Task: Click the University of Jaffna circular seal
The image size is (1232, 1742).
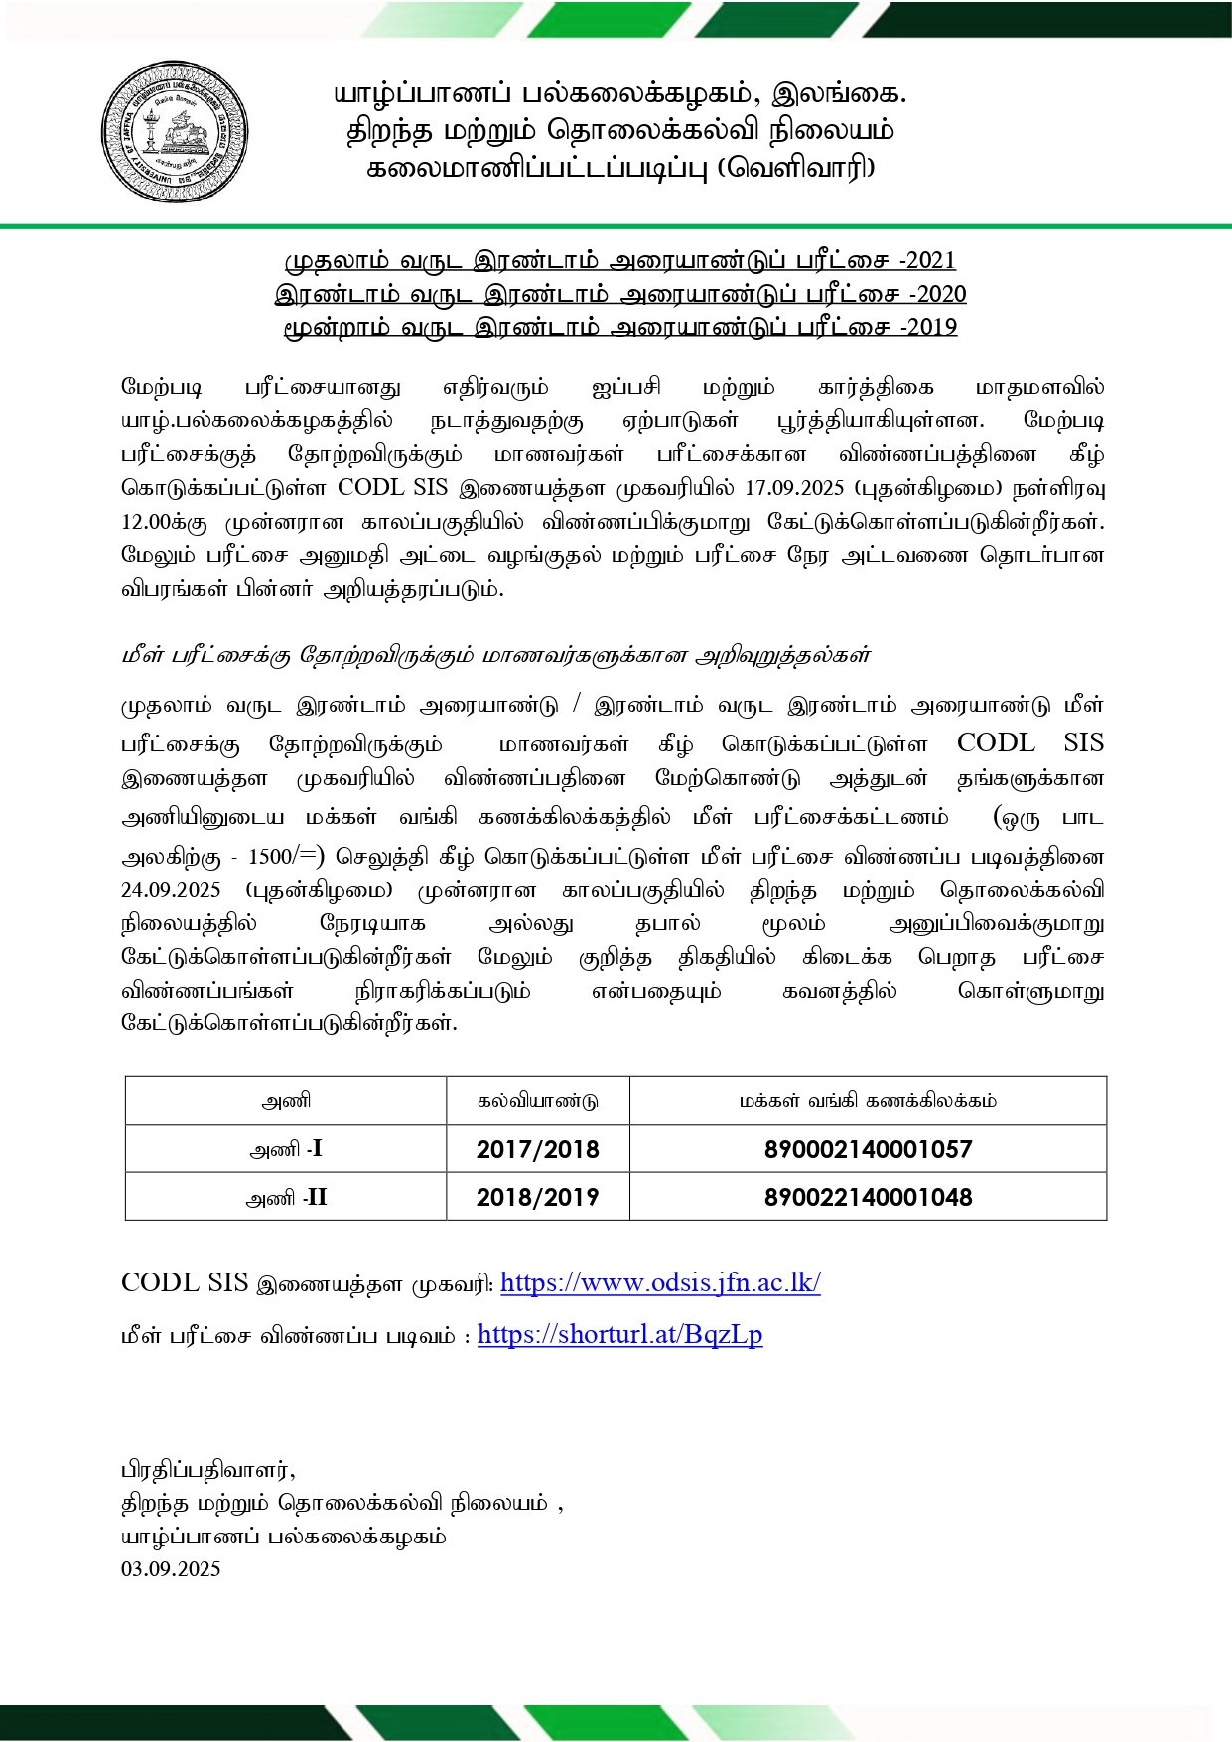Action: point(175,132)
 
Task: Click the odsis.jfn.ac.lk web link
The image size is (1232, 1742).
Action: point(660,1282)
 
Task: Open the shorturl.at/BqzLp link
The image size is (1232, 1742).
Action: point(619,1334)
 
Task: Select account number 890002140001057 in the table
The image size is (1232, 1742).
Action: point(868,1149)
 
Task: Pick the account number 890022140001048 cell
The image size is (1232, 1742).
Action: point(868,1197)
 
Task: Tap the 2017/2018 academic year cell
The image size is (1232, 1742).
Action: point(537,1149)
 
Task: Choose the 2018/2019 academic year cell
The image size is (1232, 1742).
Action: point(537,1197)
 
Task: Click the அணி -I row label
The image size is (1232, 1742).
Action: point(286,1149)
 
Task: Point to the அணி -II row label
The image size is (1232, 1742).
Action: point(286,1197)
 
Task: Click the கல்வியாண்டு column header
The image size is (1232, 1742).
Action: point(537,1101)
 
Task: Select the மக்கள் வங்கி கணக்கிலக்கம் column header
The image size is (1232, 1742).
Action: point(868,1101)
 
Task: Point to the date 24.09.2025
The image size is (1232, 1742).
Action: point(171,890)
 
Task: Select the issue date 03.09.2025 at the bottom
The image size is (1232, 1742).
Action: point(171,1569)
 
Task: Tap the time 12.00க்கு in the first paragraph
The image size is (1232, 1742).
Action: point(164,522)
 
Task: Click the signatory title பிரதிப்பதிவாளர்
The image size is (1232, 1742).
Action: point(207,1469)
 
